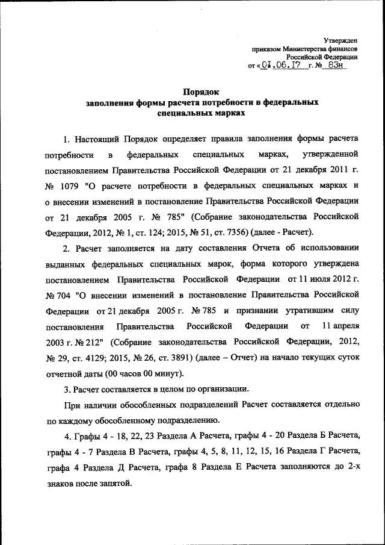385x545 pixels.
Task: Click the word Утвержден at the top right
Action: [x=341, y=39]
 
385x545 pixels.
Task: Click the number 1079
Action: [x=70, y=185]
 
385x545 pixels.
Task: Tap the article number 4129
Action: [x=105, y=357]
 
